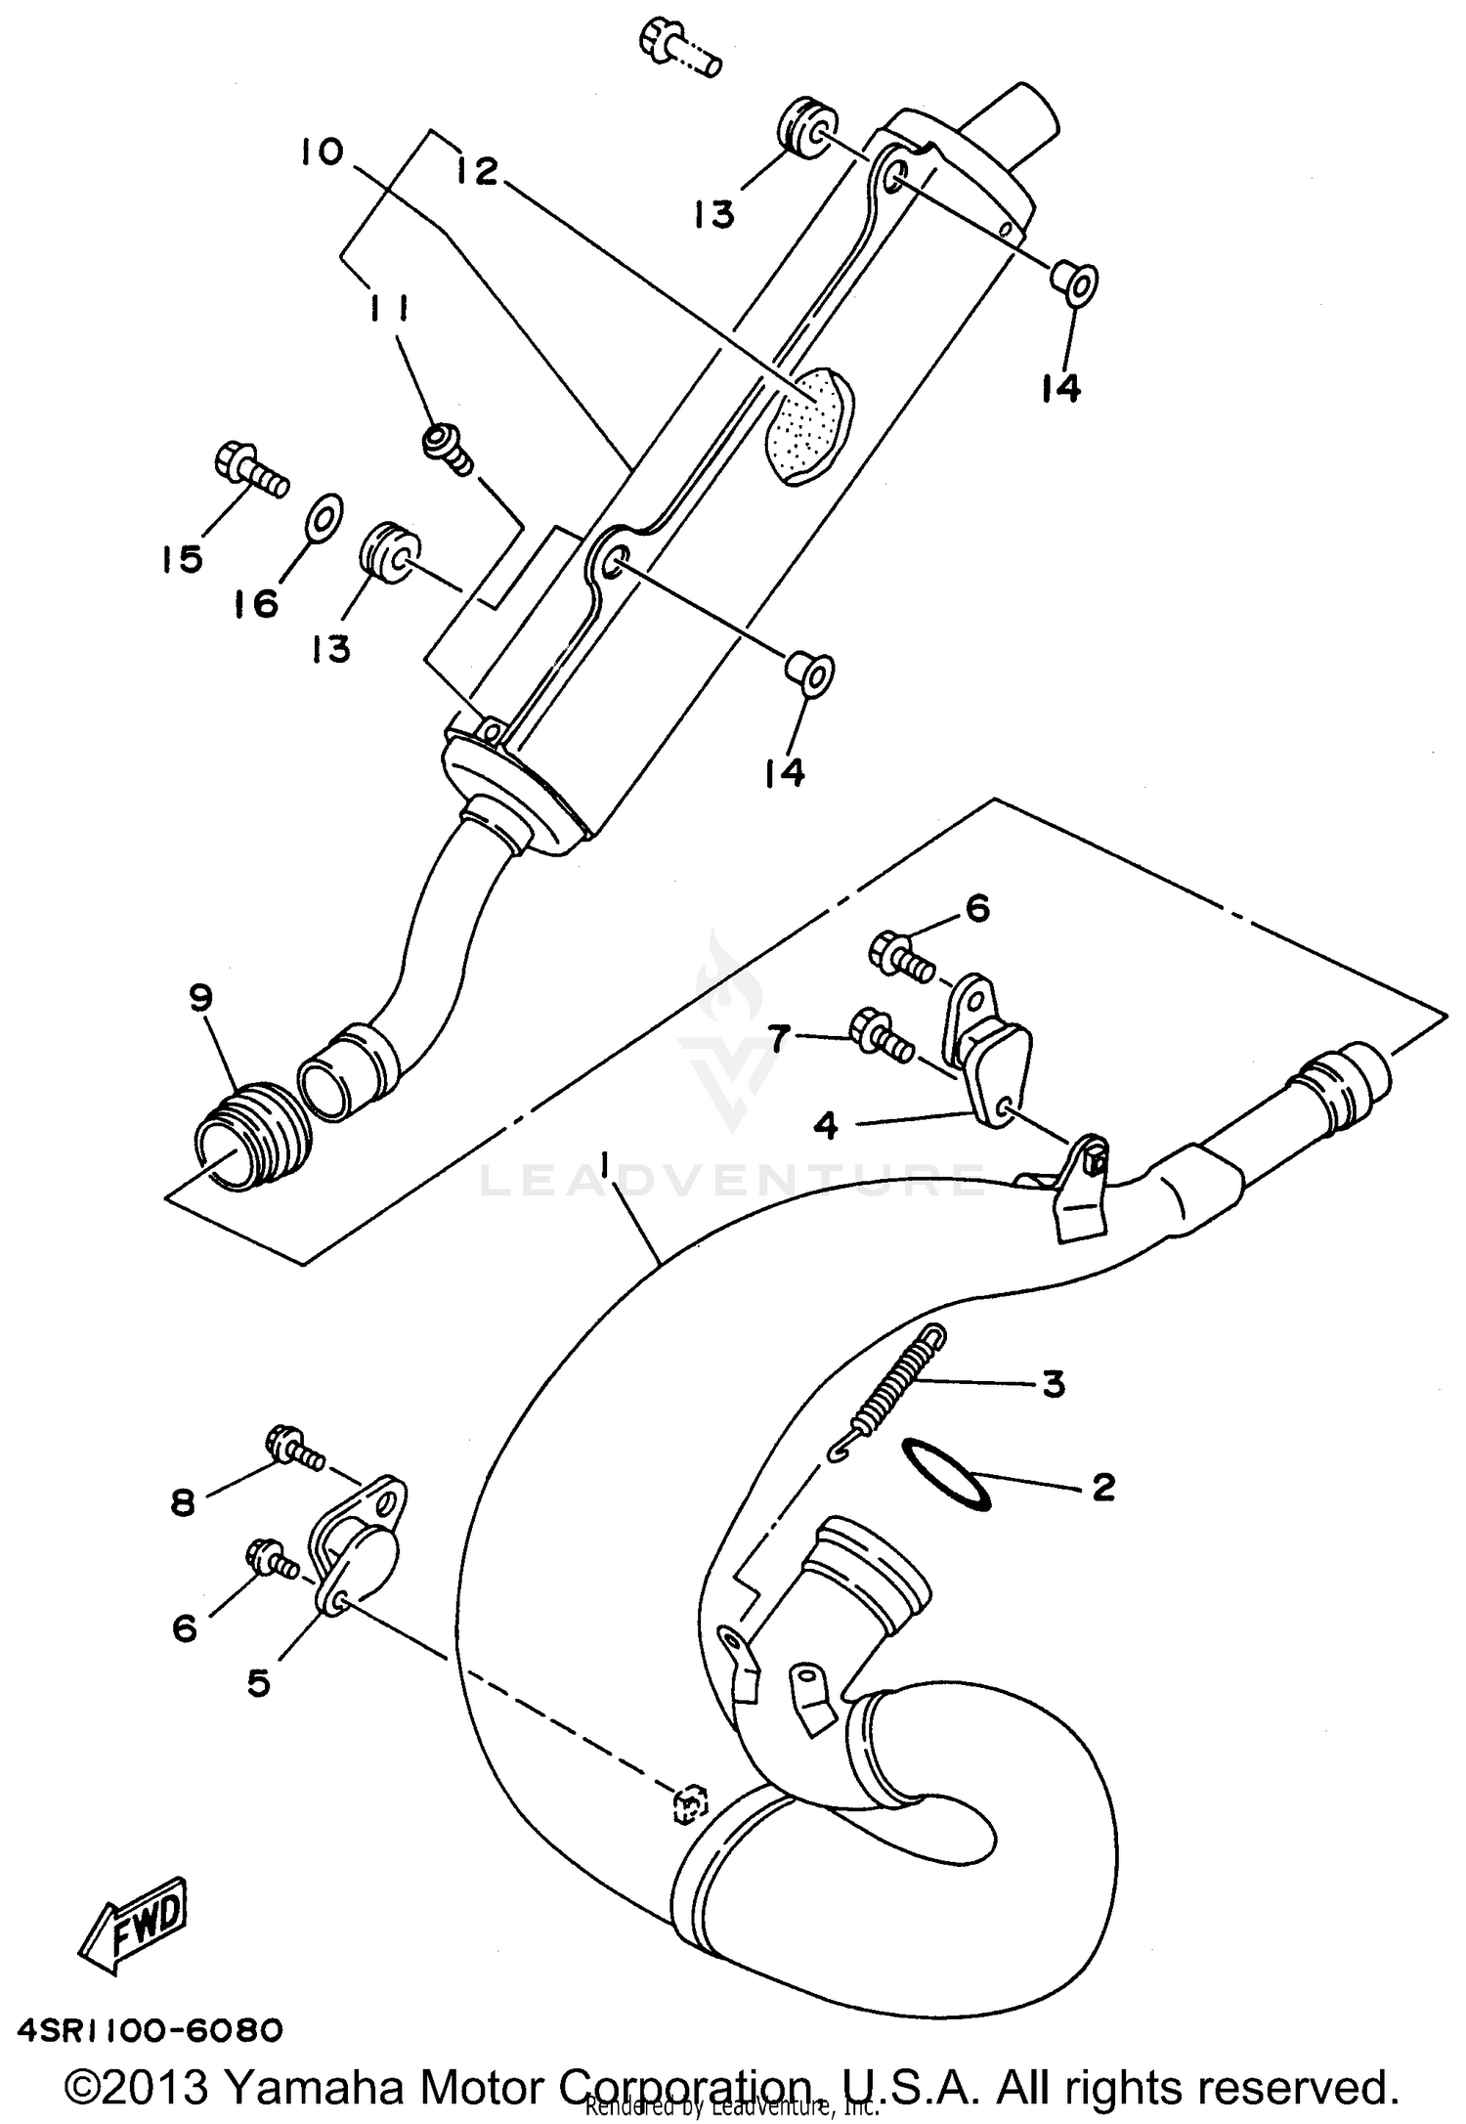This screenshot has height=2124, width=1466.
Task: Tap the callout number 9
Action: pos(200,998)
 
